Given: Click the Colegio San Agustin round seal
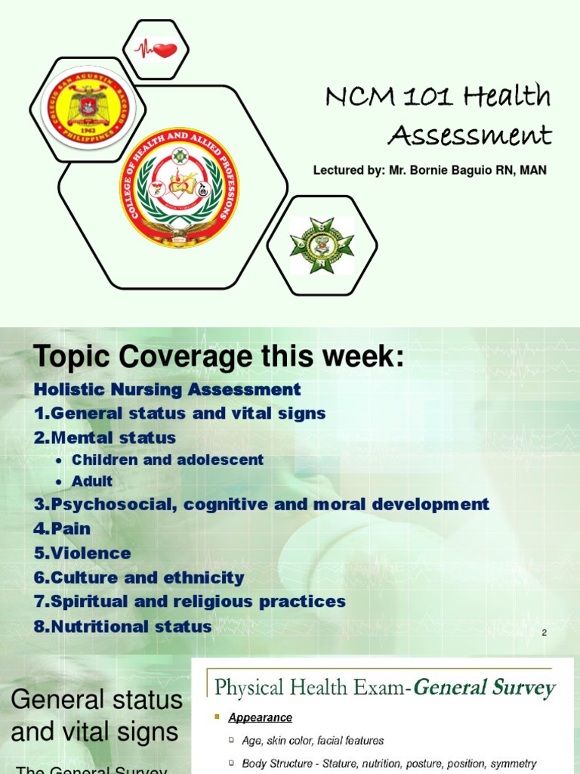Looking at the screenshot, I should pyautogui.click(x=85, y=108).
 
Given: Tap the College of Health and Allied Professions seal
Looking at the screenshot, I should pyautogui.click(x=179, y=187).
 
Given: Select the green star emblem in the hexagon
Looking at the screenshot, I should pyautogui.click(x=322, y=245).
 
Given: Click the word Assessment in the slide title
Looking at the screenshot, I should pyautogui.click(x=469, y=135).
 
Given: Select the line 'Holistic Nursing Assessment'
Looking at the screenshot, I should pyautogui.click(x=168, y=390).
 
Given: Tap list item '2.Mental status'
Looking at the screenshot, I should pyautogui.click(x=105, y=438).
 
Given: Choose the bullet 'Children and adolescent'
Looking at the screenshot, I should pyautogui.click(x=167, y=460).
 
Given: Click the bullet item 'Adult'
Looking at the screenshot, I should pyautogui.click(x=91, y=481).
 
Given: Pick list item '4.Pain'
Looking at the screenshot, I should pyautogui.click(x=62, y=528).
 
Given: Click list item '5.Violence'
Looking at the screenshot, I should pyautogui.click(x=82, y=553).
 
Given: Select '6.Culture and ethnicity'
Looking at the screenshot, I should pyautogui.click(x=139, y=577).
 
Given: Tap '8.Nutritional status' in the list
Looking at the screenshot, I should pyautogui.click(x=122, y=626).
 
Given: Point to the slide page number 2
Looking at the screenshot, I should pyautogui.click(x=544, y=633).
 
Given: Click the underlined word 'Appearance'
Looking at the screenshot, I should pyautogui.click(x=261, y=717).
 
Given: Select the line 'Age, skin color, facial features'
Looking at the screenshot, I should pyautogui.click(x=313, y=741).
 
